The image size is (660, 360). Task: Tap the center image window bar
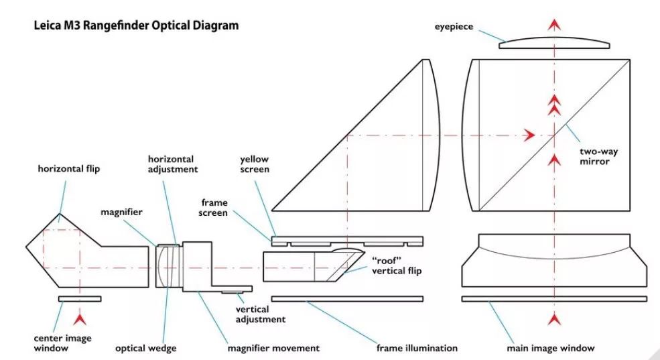coord(80,298)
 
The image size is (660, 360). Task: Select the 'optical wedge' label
coord(146,348)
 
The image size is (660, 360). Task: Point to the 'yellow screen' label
coord(254,165)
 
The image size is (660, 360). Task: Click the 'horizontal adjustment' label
coord(173,164)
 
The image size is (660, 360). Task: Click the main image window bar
coord(554,298)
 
